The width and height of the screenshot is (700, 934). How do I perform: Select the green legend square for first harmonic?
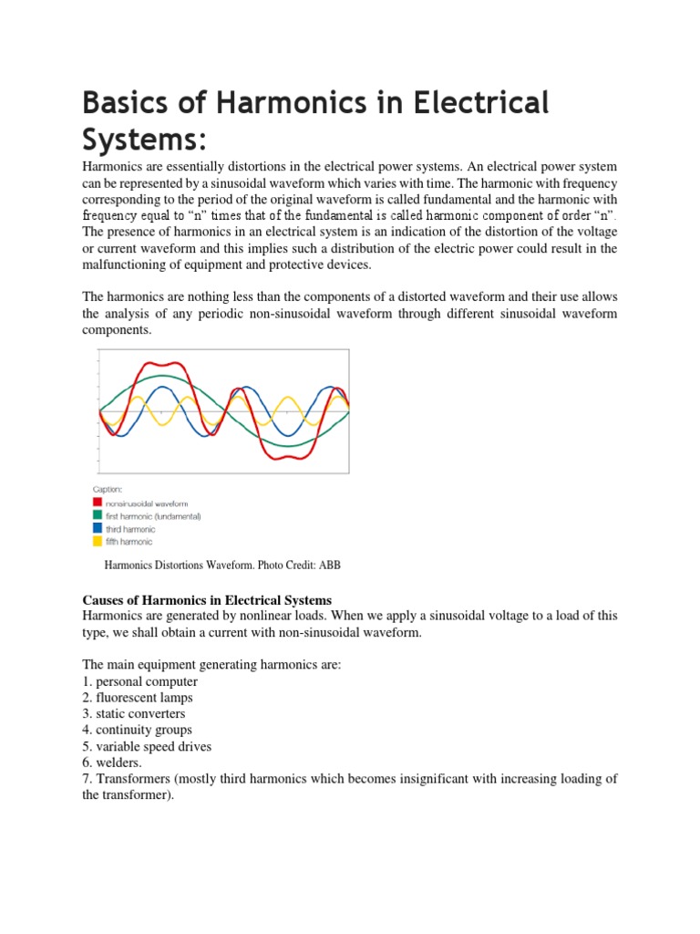tap(98, 515)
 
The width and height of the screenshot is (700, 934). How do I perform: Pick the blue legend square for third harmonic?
tap(98, 529)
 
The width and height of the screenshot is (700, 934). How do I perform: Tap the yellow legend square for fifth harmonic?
tap(98, 542)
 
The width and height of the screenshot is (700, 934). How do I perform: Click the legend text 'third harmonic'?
tap(130, 529)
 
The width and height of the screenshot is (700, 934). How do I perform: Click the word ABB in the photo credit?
tap(329, 566)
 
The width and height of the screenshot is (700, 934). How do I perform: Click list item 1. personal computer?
tap(140, 681)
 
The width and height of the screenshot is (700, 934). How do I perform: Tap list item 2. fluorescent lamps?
tap(138, 698)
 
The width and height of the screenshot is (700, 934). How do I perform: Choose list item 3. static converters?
tap(135, 714)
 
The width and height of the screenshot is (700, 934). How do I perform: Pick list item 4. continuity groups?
tap(138, 730)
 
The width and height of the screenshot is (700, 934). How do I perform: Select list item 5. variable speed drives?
tap(147, 746)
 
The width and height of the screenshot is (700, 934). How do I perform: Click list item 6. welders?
tap(112, 763)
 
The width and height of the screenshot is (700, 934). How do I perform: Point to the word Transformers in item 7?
tap(131, 779)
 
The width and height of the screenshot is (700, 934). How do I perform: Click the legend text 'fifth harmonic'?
tap(129, 542)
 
